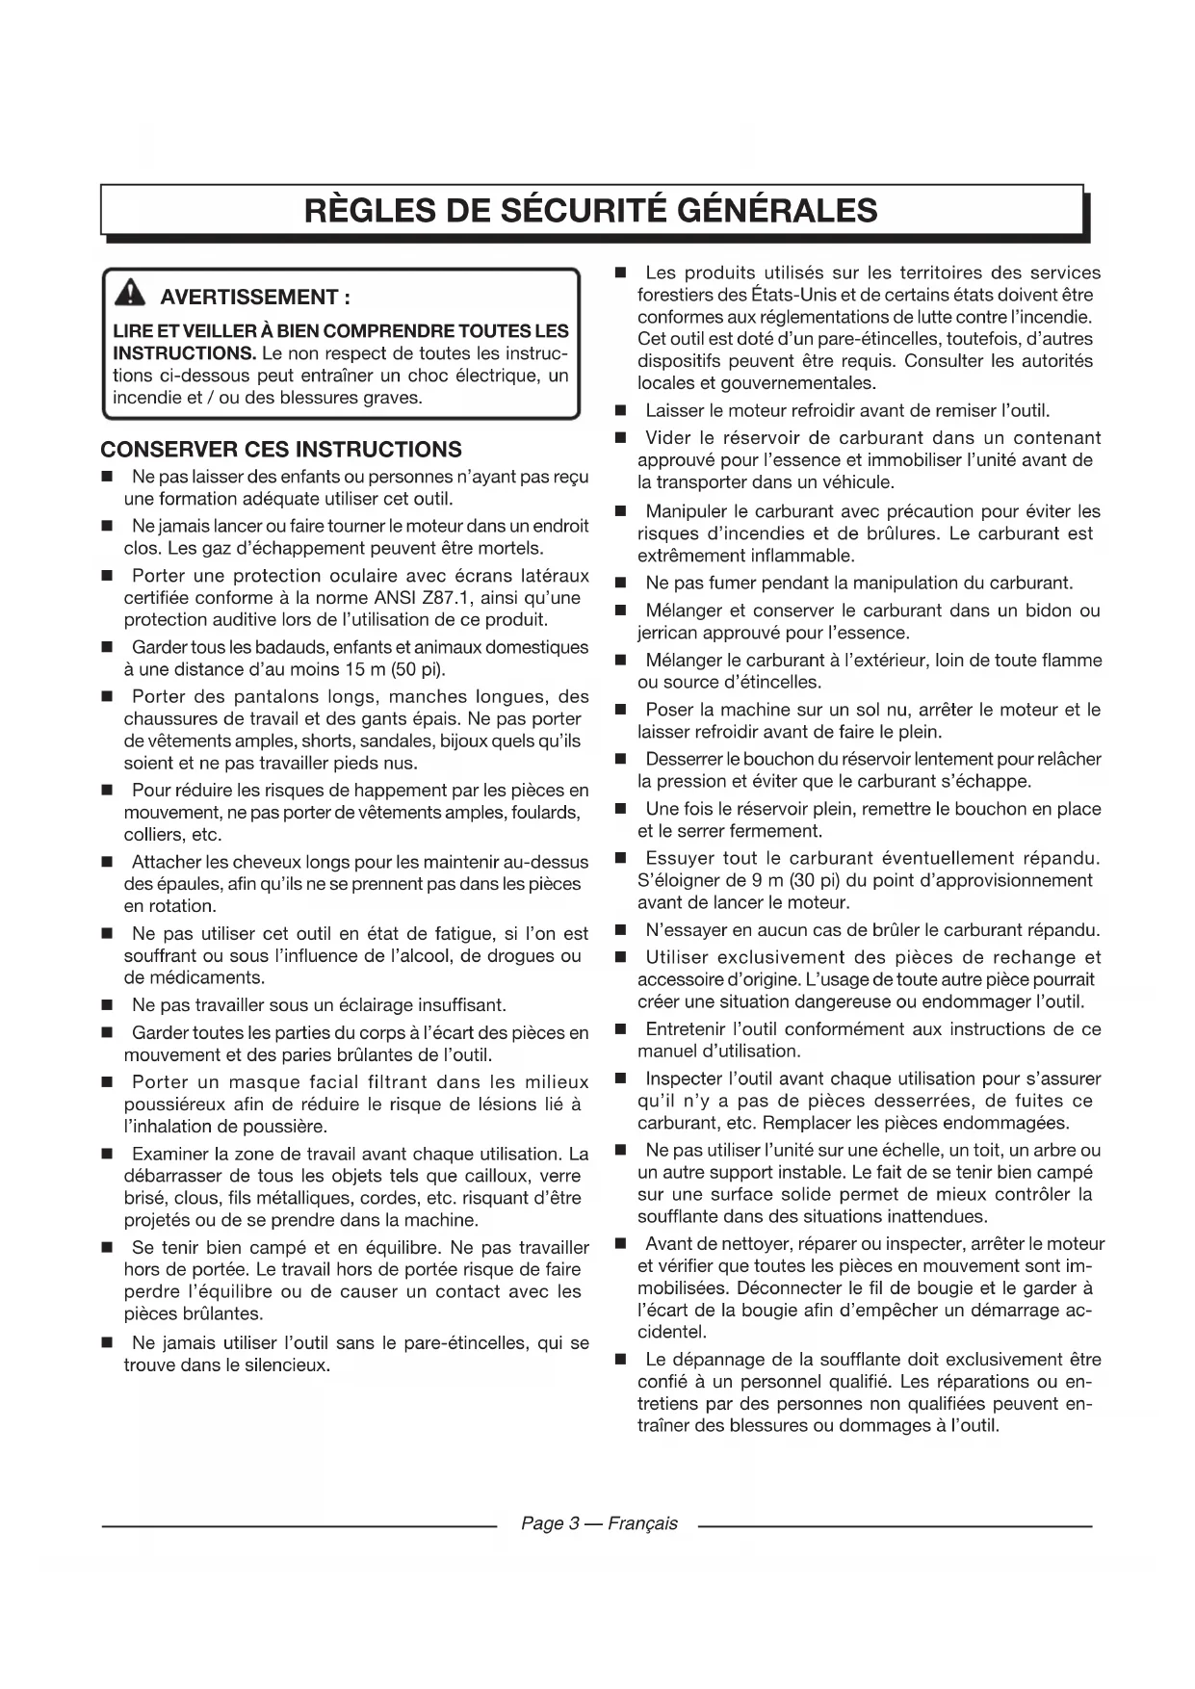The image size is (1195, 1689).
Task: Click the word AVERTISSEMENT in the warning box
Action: tap(248, 297)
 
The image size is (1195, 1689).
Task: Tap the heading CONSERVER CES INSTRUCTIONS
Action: tap(281, 450)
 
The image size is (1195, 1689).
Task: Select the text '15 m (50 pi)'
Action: tap(396, 669)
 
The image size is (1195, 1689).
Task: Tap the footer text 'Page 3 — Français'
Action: tap(599, 1523)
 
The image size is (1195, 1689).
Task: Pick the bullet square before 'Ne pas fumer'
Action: tap(621, 584)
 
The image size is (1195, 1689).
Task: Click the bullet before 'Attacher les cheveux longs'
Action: tap(108, 862)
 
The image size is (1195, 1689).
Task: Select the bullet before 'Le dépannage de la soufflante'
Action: tap(621, 1360)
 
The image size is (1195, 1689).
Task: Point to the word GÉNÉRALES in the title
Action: tap(778, 210)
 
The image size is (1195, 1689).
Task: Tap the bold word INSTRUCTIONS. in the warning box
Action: tap(184, 353)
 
